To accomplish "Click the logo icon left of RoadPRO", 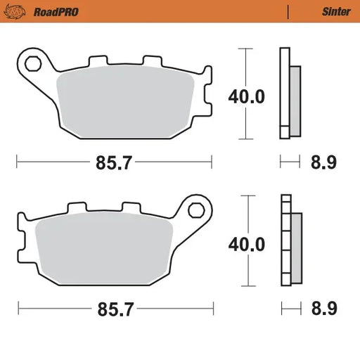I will point(15,11).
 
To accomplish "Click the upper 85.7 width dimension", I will point(113,162).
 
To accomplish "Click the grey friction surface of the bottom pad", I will point(104,250).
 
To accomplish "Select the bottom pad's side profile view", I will point(290,240).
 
